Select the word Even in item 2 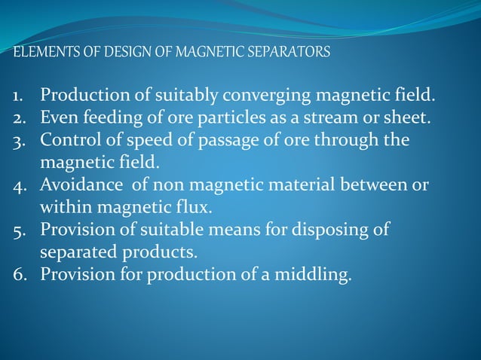[x=57, y=118]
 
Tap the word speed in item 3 [x=144, y=141]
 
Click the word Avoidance [x=80, y=185]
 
